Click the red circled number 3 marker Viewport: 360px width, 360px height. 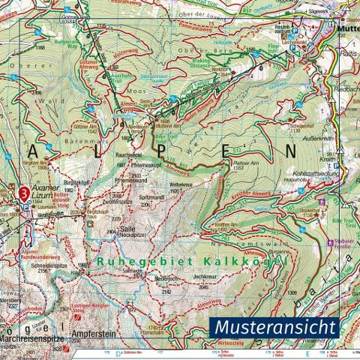(x=25, y=193)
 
